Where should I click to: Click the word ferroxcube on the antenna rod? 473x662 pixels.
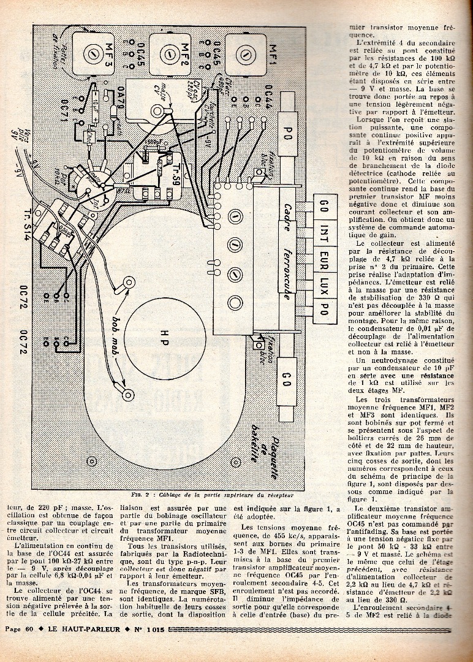(x=287, y=267)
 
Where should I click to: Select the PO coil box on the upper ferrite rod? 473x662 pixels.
(x=286, y=134)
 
